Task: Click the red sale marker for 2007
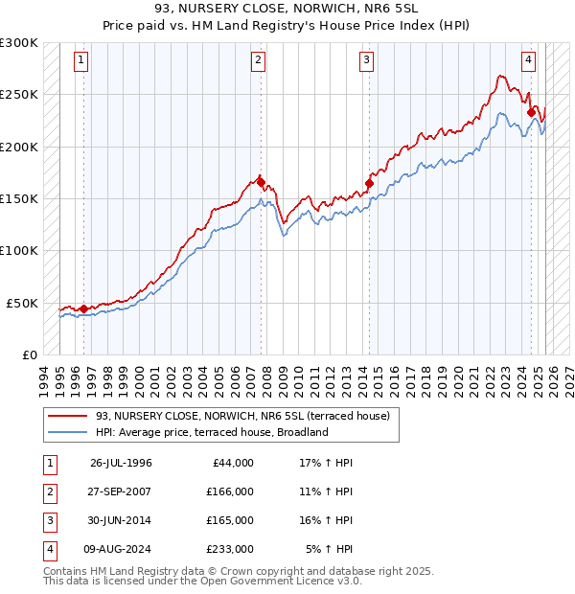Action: [260, 181]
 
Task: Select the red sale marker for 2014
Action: [369, 183]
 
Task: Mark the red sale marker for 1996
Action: [83, 308]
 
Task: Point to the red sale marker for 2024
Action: [531, 112]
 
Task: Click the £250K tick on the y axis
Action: [19, 95]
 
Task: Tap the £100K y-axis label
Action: [19, 250]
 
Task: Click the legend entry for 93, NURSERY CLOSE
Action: [241, 417]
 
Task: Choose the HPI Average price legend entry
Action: [211, 432]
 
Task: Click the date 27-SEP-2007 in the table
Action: [121, 491]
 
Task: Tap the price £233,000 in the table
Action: [230, 549]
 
